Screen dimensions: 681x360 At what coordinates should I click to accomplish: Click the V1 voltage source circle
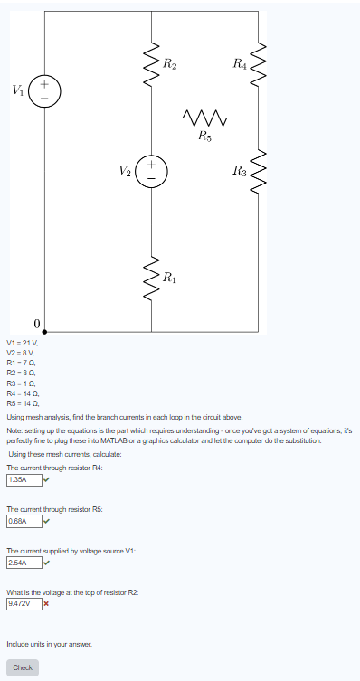point(44,91)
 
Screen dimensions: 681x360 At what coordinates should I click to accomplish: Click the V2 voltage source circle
point(151,169)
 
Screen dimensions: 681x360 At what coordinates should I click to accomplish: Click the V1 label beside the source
point(18,90)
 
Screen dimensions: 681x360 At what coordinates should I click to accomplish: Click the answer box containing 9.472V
point(19,602)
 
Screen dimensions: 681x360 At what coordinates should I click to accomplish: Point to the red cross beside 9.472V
point(45,602)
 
